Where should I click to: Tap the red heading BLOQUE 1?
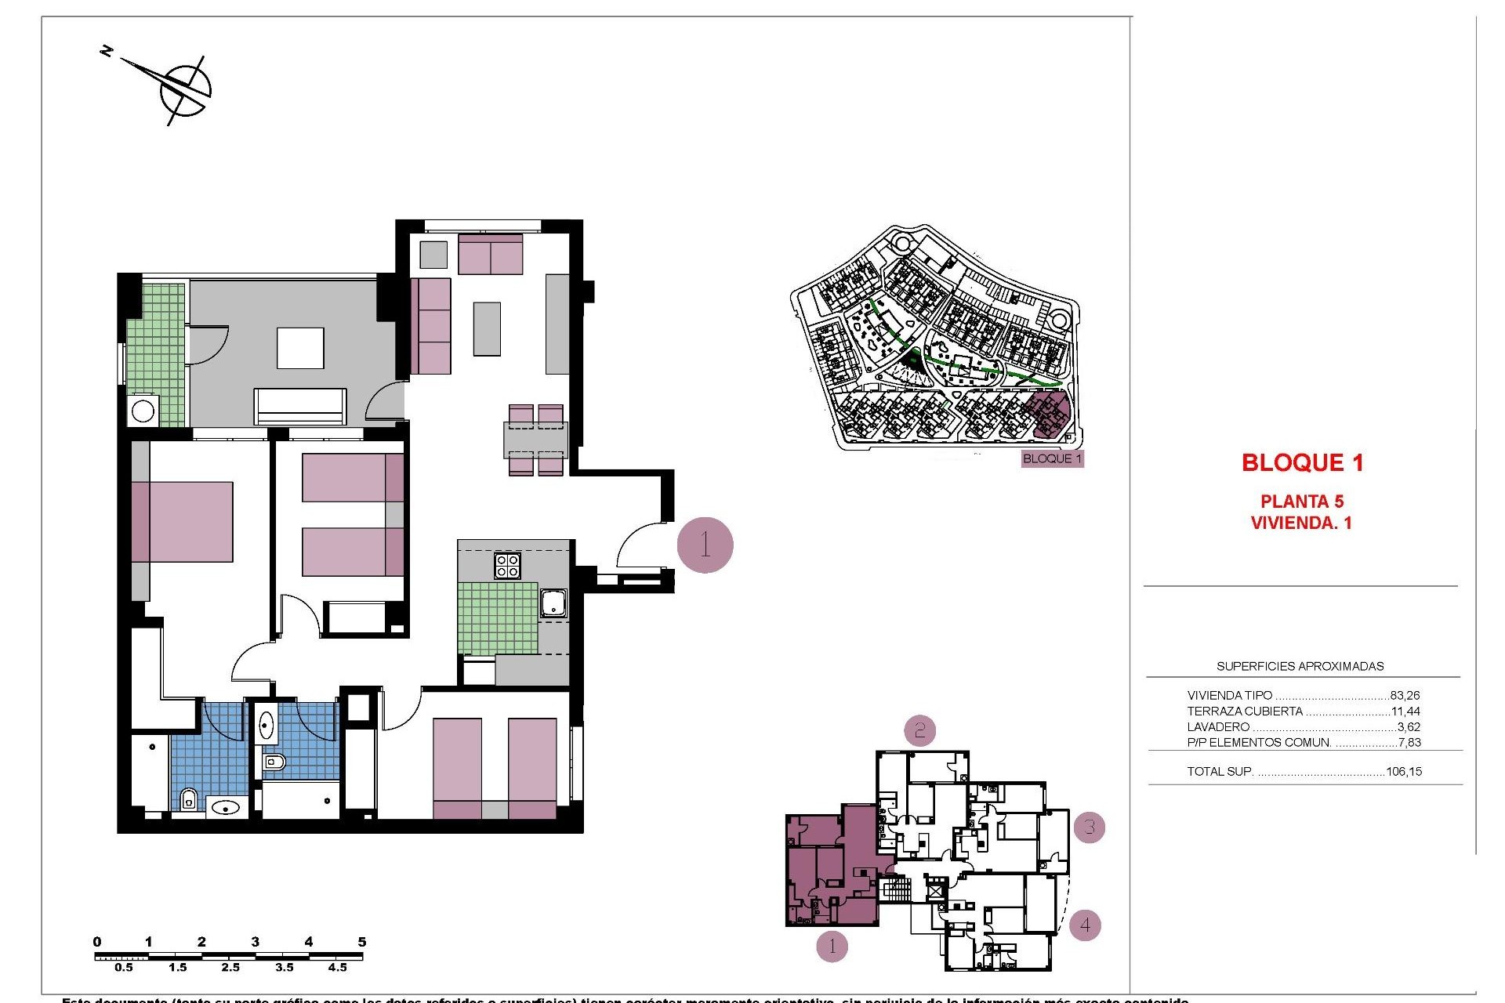click(1302, 462)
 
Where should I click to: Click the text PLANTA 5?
click(1301, 501)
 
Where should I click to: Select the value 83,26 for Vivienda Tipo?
click(1405, 695)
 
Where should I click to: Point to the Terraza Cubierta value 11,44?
click(1405, 712)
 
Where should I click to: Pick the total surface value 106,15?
click(1403, 772)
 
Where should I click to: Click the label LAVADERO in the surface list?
click(1218, 727)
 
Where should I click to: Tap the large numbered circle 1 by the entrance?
click(705, 545)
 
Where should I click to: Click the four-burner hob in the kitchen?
click(507, 565)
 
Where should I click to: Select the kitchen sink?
click(553, 603)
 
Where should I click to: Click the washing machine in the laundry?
click(143, 411)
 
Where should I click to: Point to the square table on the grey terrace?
click(300, 348)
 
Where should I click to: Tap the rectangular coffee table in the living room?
click(486, 329)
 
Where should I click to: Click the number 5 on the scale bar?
click(361, 942)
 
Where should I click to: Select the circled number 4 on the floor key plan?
click(1085, 925)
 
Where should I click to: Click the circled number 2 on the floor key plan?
click(920, 730)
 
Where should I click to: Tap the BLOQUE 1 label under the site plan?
click(1052, 458)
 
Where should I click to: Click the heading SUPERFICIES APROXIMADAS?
click(1300, 667)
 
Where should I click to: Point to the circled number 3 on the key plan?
click(1089, 827)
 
